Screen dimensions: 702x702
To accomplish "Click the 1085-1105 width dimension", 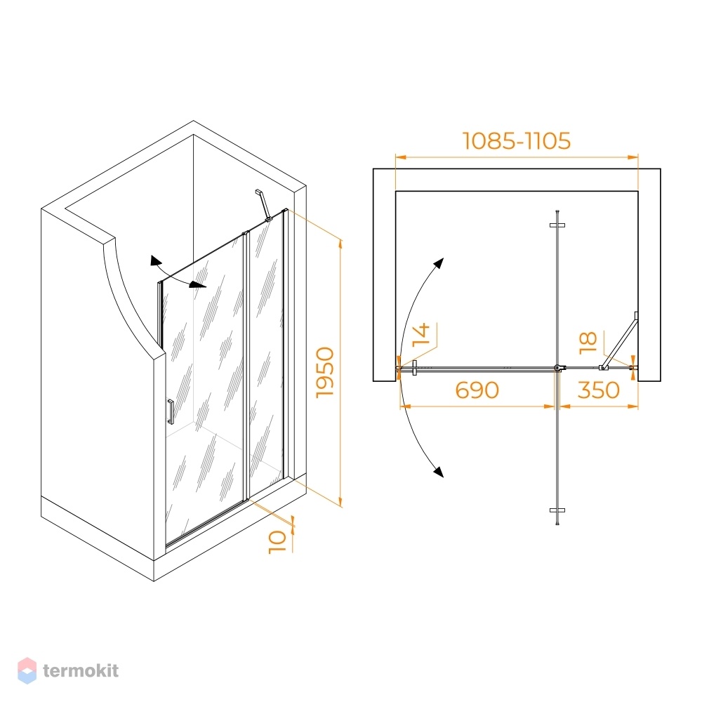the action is click(x=516, y=140).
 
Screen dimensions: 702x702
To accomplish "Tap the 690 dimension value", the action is click(x=477, y=390).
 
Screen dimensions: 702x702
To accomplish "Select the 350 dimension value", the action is click(x=599, y=390).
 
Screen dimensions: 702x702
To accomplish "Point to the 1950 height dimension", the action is click(x=325, y=373).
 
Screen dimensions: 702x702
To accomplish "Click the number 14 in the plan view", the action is click(x=421, y=334).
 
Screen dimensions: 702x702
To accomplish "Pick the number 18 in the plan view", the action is click(x=588, y=343).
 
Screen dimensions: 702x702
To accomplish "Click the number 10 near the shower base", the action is click(x=277, y=542).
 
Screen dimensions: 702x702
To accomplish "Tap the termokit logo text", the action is click(x=81, y=670).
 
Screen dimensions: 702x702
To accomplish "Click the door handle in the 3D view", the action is click(x=170, y=411).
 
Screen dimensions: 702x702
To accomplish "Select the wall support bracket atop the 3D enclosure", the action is click(x=263, y=205).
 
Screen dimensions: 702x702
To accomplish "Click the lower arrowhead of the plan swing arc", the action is click(x=439, y=472).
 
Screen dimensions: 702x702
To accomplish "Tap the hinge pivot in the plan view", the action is click(x=558, y=368).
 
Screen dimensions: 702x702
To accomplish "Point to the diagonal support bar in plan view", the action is click(x=620, y=340).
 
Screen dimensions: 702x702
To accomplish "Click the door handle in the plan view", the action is click(x=415, y=368).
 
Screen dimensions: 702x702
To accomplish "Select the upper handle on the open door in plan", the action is click(x=557, y=225).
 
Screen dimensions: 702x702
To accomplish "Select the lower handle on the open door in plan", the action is click(x=557, y=510).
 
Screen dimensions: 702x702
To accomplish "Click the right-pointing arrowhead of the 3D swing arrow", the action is click(x=198, y=285).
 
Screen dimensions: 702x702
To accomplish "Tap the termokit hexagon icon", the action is click(x=27, y=670).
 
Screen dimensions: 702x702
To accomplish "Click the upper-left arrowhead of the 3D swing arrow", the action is click(x=155, y=260).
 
